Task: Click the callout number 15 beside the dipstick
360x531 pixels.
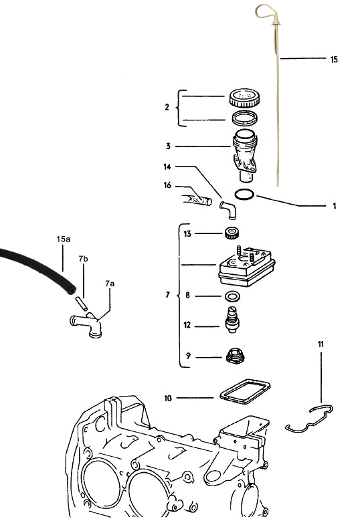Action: (x=334, y=60)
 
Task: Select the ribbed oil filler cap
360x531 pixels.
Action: (x=245, y=97)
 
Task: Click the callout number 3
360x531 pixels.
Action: (x=168, y=146)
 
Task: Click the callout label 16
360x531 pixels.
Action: (x=167, y=185)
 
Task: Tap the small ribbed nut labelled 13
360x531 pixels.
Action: (x=233, y=233)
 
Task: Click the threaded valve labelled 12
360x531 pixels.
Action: (x=232, y=320)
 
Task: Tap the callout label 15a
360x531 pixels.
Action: (x=64, y=239)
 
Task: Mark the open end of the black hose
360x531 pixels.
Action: (x=71, y=290)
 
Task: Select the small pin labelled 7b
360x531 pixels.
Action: (x=82, y=303)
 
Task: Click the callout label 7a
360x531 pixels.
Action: (x=110, y=284)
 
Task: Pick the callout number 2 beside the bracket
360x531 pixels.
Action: (x=167, y=108)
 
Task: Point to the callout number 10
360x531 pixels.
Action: (x=168, y=399)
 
